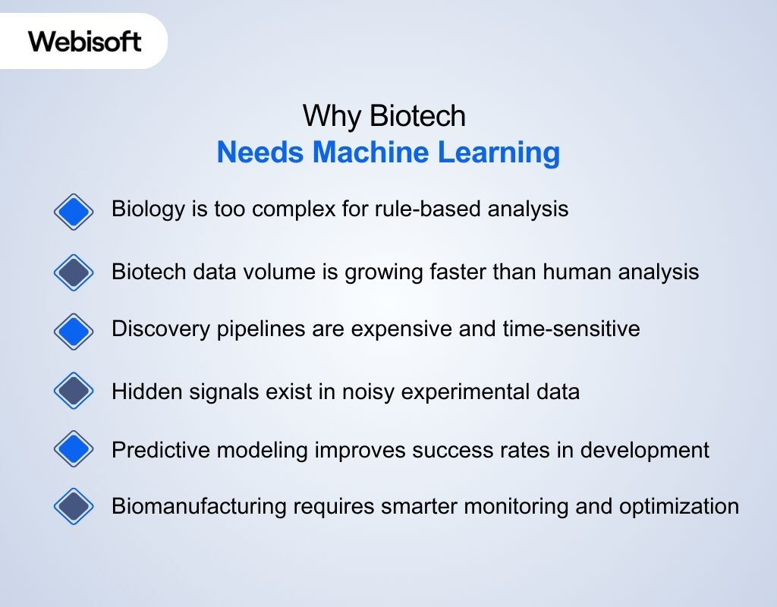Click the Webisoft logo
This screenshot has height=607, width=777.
click(x=85, y=41)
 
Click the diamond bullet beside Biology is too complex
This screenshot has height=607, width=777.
click(x=74, y=210)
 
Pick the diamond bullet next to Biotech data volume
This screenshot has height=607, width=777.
click(x=74, y=272)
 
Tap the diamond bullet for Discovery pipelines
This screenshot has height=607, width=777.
click(x=74, y=331)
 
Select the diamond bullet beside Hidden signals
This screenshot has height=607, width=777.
click(x=74, y=392)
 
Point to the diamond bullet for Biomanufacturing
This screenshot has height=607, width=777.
click(x=74, y=506)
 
